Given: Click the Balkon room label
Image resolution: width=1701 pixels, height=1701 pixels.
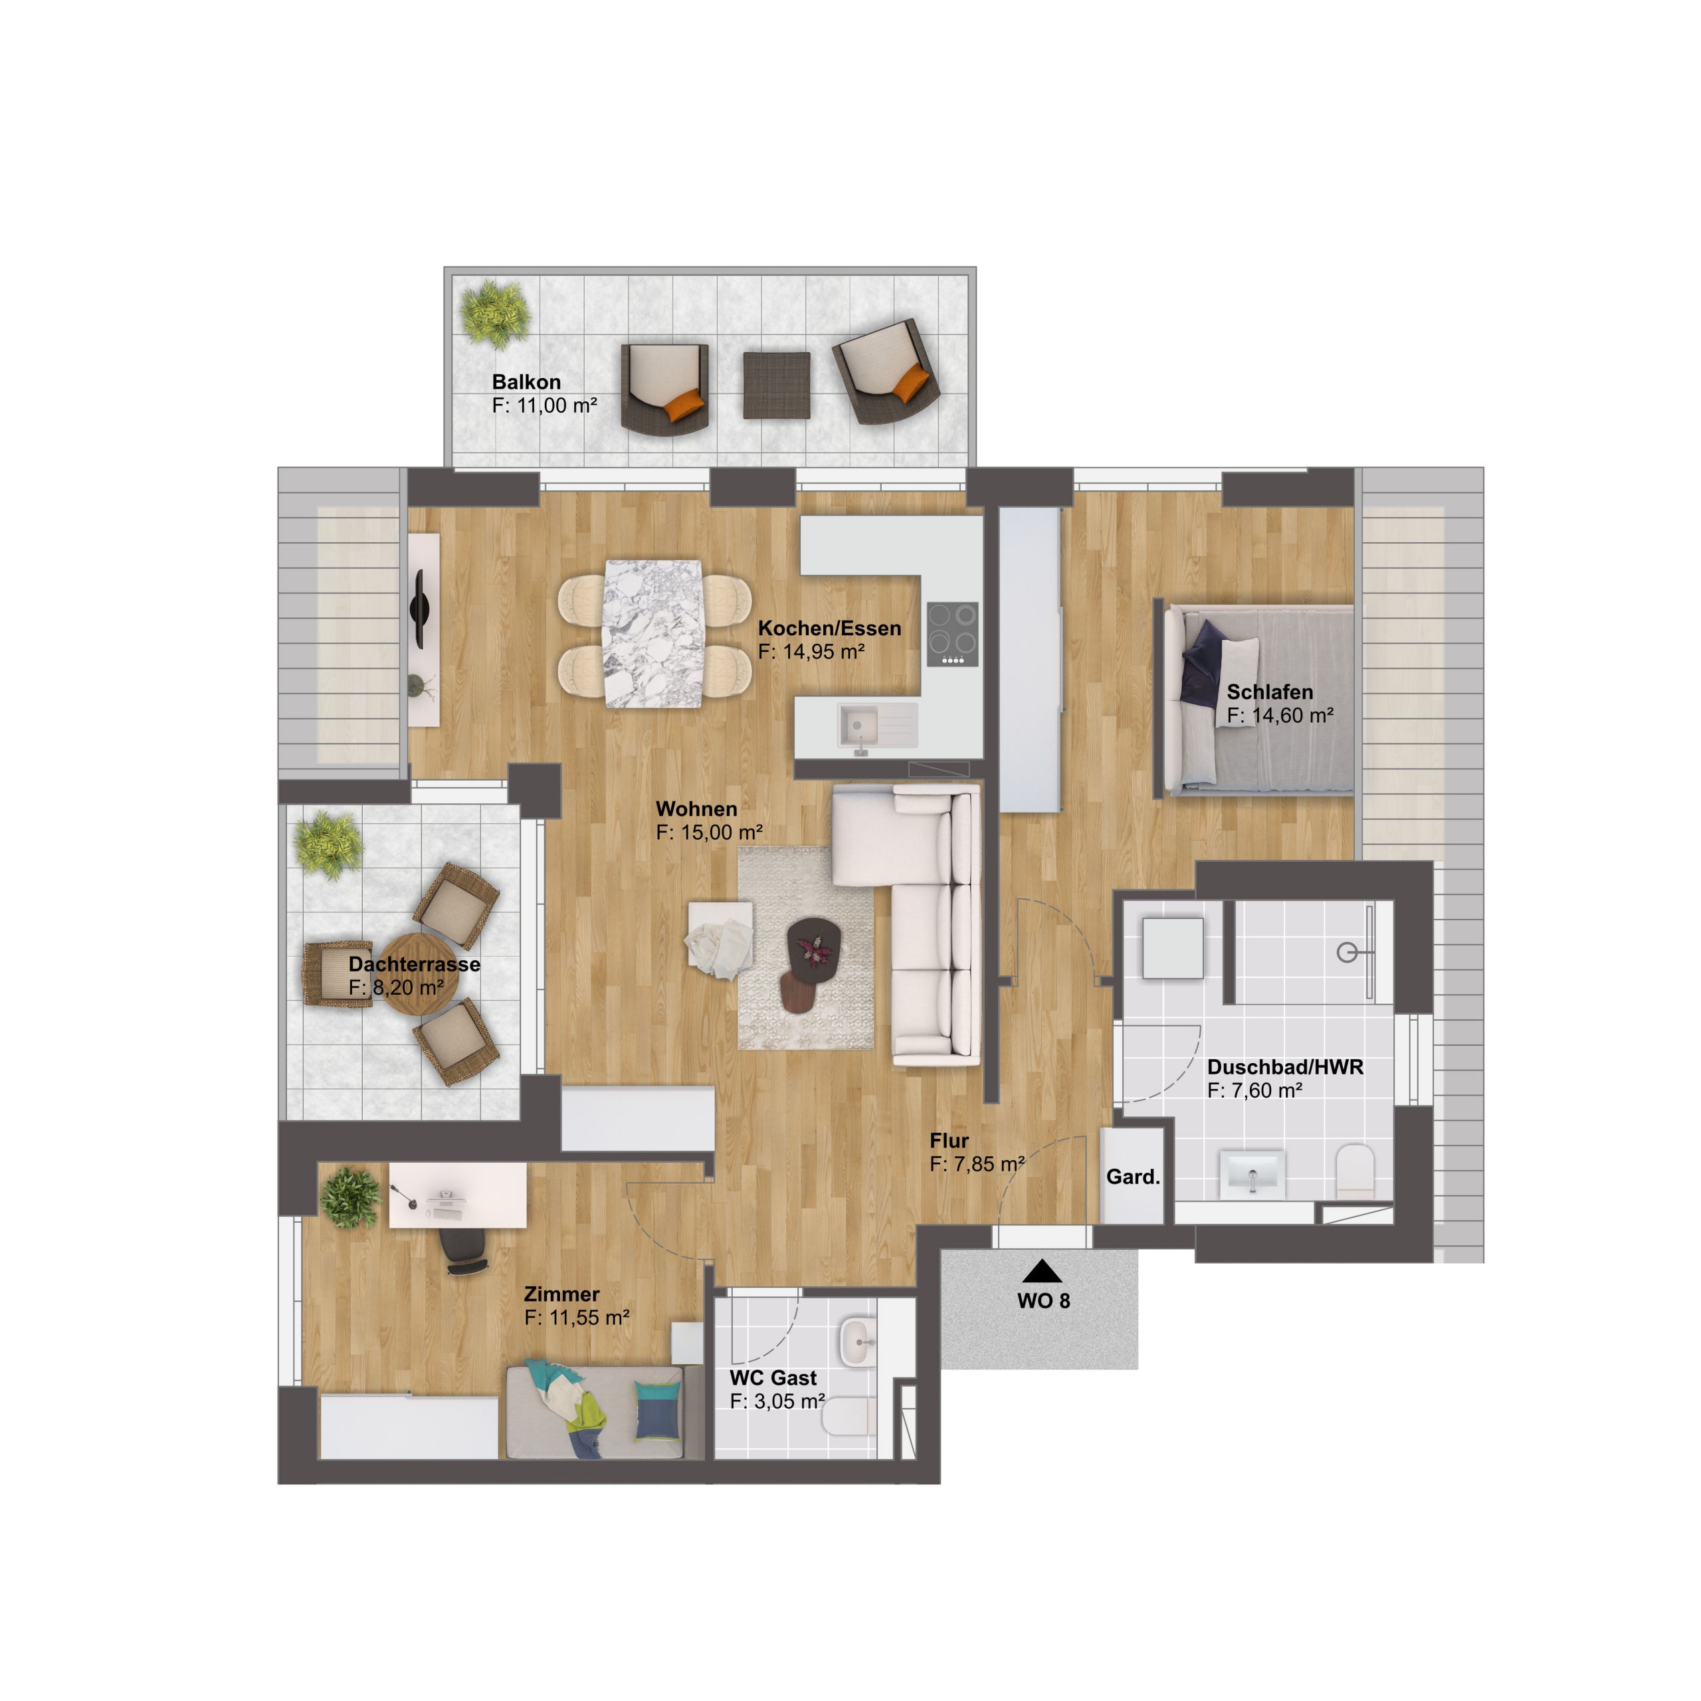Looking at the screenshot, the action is click(526, 382).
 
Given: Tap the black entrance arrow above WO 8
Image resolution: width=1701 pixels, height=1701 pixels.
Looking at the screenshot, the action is click(1043, 1270).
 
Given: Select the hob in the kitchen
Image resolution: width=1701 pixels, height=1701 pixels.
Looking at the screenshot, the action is click(953, 634).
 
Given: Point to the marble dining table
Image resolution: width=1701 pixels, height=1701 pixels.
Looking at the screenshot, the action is click(652, 634).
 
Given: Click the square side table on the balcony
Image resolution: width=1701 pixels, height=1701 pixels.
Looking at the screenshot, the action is click(777, 385).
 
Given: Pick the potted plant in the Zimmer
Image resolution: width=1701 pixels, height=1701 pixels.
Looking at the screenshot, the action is click(350, 1197).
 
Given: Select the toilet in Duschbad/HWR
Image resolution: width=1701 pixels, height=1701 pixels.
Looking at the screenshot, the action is click(1355, 1171).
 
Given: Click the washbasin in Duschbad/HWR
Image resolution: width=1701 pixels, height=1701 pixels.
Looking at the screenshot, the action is click(1252, 1173).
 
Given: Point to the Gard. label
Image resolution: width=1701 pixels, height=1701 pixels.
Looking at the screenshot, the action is click(1133, 1177).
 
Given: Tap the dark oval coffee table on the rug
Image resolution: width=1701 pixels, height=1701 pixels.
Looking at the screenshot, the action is click(813, 943).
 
